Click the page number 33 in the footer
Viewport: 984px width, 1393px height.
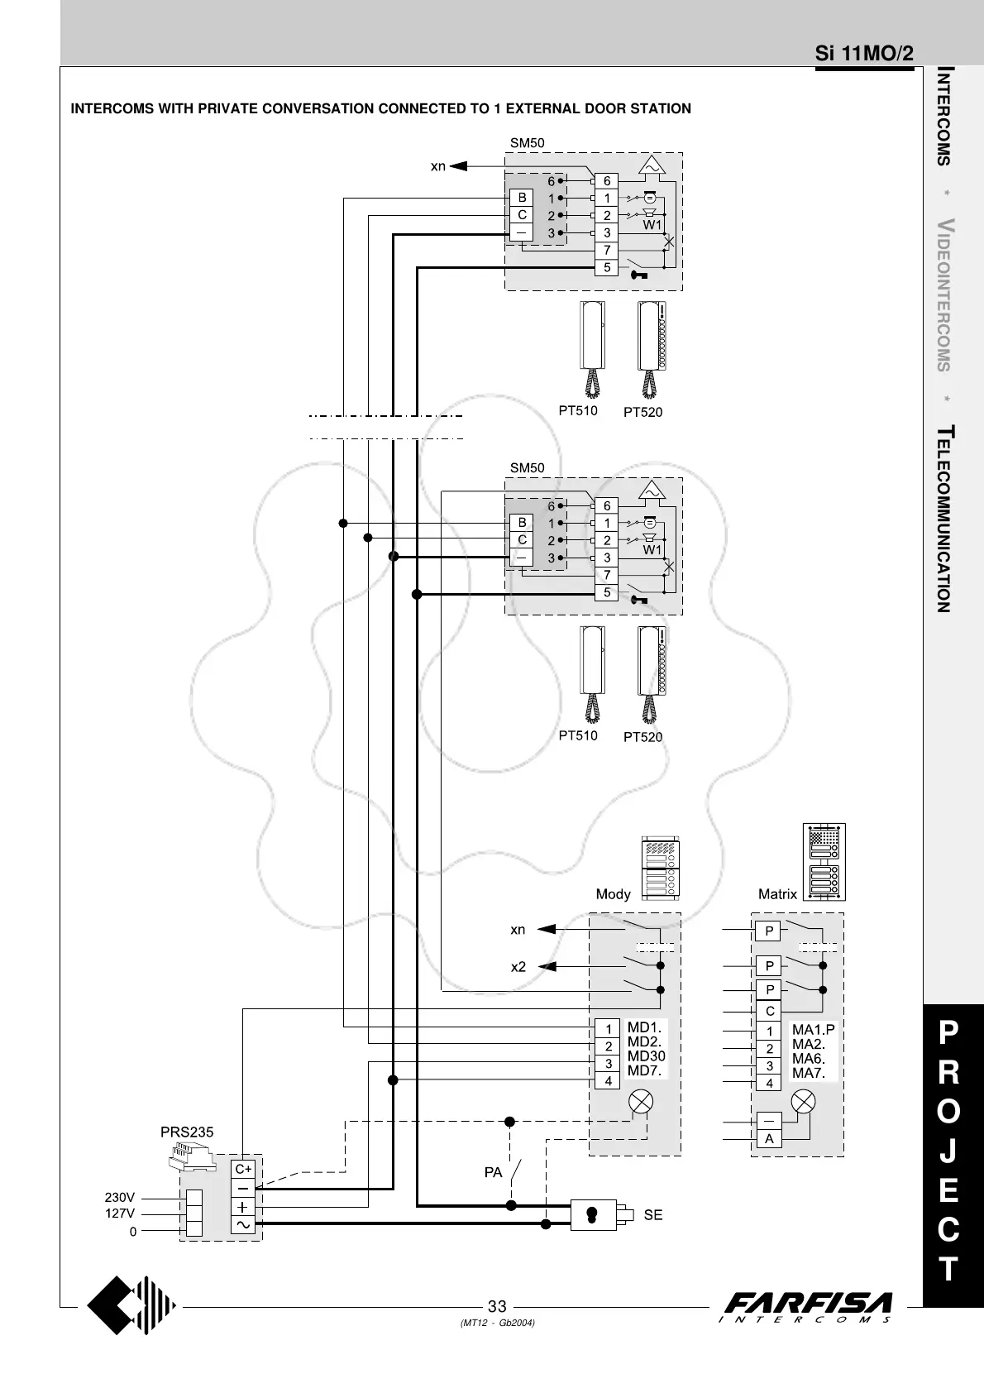496,1307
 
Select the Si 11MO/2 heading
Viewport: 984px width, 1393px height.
864,55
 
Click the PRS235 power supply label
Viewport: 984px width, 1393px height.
187,1132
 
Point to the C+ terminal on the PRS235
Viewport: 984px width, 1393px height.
243,1169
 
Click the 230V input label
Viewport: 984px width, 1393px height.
120,1197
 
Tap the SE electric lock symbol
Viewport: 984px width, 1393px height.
593,1214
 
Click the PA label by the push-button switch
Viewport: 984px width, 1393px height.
493,1172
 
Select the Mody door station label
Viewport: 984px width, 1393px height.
613,894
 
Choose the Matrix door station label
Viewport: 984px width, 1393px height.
777,894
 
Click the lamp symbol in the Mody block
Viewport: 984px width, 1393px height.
642,1102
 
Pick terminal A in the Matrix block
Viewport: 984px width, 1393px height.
769,1138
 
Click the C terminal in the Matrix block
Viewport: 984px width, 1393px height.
769,1011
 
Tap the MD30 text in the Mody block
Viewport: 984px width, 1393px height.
646,1056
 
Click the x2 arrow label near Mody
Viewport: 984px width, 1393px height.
518,966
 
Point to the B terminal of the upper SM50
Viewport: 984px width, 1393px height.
522,198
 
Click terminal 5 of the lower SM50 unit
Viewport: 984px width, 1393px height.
607,592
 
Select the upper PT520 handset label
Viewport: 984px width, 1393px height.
642,412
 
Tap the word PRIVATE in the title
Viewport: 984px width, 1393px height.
227,108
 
